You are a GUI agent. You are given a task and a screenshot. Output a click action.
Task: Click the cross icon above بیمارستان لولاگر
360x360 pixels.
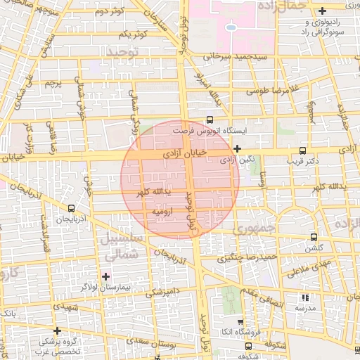[x=106, y=276]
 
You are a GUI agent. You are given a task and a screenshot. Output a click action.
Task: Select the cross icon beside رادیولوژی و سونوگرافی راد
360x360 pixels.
[x=322, y=11]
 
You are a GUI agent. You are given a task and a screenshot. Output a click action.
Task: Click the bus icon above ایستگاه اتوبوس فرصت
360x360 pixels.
[x=209, y=120]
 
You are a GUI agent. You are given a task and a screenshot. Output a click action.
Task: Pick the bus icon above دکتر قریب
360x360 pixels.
[x=302, y=150]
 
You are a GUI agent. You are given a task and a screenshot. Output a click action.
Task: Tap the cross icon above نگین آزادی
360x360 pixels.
[x=237, y=148]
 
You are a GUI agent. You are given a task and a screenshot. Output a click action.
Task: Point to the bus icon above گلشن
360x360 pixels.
[x=313, y=238]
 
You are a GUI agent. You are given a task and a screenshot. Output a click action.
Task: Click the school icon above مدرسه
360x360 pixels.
[x=305, y=297]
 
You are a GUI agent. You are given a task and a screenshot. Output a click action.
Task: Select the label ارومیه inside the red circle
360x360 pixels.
[x=163, y=211]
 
